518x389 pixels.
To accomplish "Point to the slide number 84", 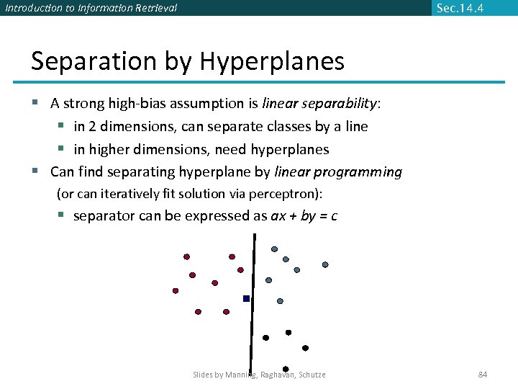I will pyautogui.click(x=483, y=375).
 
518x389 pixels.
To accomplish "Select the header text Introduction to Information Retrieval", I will pyautogui.click(x=91, y=8).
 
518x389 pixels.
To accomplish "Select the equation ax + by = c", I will pyautogui.click(x=304, y=216).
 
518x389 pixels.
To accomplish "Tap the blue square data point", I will pyautogui.click(x=246, y=298).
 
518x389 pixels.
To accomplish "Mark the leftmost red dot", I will pyautogui.click(x=175, y=291).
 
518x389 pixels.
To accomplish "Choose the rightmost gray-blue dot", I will pyautogui.click(x=325, y=264).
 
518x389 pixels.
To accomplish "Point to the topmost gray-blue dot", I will pyautogui.click(x=274, y=249).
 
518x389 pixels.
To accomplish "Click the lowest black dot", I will pyautogui.click(x=286, y=369).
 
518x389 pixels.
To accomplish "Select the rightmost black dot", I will pyautogui.click(x=305, y=348).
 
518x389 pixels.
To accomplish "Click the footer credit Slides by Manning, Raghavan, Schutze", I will pyautogui.click(x=259, y=375).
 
